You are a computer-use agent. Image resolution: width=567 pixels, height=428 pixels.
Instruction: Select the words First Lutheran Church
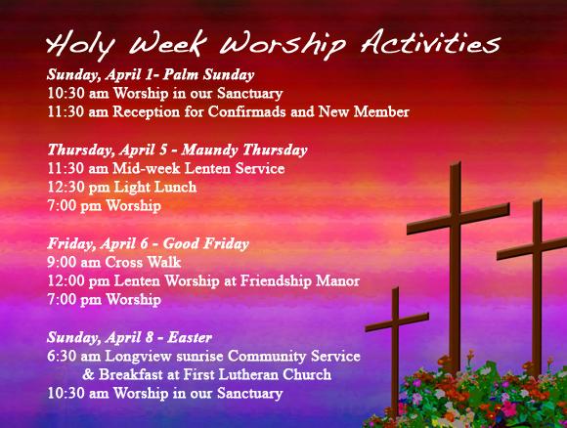[269, 375]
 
